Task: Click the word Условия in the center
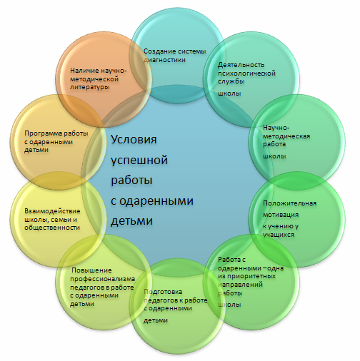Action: click(x=134, y=140)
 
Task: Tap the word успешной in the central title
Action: click(x=139, y=161)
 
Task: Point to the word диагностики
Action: click(x=164, y=60)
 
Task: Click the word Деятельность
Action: click(x=241, y=65)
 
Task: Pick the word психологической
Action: click(x=246, y=73)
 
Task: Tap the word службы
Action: click(x=231, y=81)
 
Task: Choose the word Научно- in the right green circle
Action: click(x=276, y=128)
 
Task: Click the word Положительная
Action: click(x=289, y=203)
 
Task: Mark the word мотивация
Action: click(x=281, y=215)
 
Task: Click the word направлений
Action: click(x=240, y=285)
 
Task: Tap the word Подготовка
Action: click(x=163, y=292)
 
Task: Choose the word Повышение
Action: click(x=91, y=270)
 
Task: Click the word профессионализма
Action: click(x=102, y=279)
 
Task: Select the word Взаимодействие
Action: click(x=52, y=211)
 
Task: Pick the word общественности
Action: click(x=52, y=228)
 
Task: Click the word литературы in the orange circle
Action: click(x=90, y=87)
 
